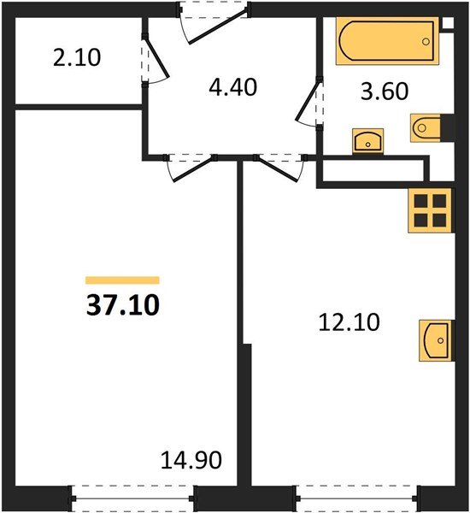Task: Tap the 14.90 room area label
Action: [191, 462]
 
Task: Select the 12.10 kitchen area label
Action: [347, 323]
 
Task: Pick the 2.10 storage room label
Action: [77, 59]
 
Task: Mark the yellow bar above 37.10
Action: [122, 280]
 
